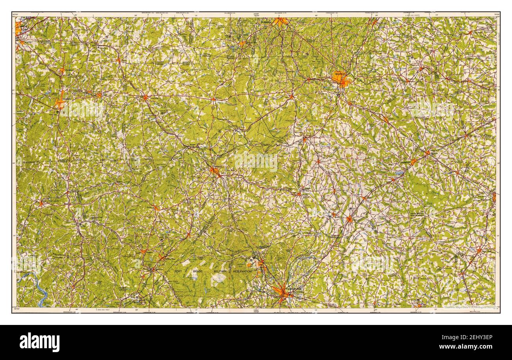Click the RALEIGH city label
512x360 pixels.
click(340, 73)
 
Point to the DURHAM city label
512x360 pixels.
click(266, 23)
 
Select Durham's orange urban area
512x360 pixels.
click(280, 22)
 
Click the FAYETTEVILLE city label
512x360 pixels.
click(295, 289)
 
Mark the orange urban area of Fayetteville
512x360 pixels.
click(282, 292)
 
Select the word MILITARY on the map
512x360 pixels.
click(220, 272)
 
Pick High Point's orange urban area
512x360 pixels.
click(18, 28)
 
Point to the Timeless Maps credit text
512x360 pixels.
click(471, 308)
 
